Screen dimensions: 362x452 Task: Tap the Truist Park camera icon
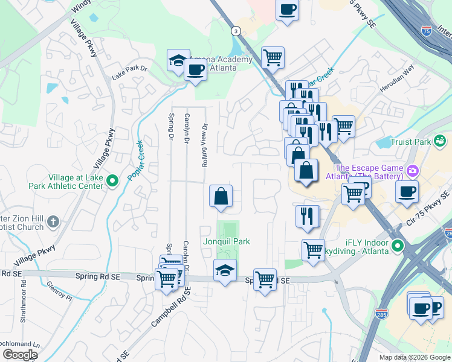441,142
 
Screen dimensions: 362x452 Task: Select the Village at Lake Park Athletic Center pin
112,180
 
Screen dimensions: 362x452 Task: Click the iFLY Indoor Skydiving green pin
397,246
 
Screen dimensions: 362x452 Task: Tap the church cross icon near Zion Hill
53,222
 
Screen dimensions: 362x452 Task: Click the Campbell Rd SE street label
170,307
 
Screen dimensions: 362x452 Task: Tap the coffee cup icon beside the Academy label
195,70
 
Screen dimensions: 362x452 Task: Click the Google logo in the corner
19,355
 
